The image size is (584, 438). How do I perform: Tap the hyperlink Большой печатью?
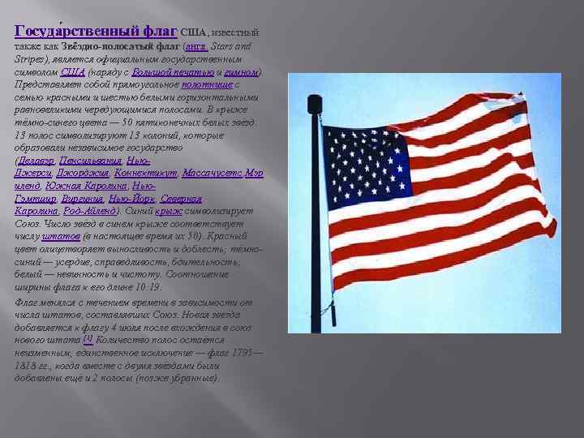199,72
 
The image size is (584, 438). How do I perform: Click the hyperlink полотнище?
207,84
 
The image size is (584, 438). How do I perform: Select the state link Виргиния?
85,198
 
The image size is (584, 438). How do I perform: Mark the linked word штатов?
62,235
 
